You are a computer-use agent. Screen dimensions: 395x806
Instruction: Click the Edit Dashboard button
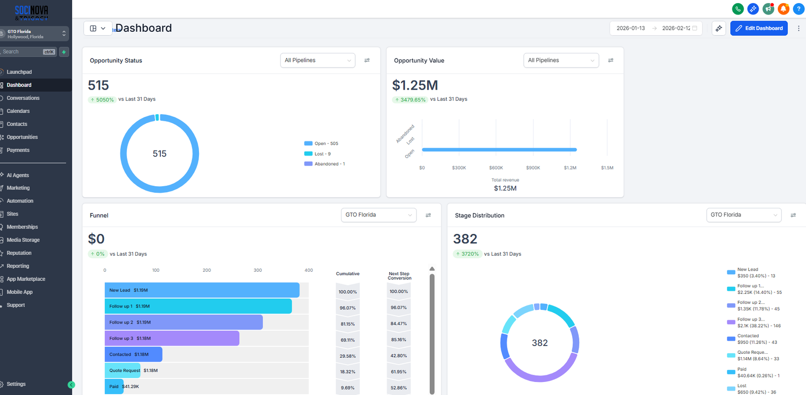pyautogui.click(x=759, y=28)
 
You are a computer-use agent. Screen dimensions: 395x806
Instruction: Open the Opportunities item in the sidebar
pyautogui.click(x=22, y=137)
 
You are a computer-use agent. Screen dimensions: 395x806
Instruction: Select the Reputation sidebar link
pyautogui.click(x=19, y=253)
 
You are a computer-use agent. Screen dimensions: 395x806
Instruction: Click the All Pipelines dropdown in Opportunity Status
pyautogui.click(x=317, y=60)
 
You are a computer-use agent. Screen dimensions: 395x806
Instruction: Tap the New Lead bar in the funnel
pyautogui.click(x=201, y=290)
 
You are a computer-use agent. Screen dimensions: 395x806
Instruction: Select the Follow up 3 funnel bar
pyautogui.click(x=171, y=339)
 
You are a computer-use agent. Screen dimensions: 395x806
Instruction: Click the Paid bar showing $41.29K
pyautogui.click(x=114, y=386)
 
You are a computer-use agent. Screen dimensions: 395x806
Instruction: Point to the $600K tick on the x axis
pyautogui.click(x=496, y=168)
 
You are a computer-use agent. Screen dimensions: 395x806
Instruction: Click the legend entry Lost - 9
pyautogui.click(x=322, y=154)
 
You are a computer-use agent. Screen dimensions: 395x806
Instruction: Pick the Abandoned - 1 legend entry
pyautogui.click(x=329, y=164)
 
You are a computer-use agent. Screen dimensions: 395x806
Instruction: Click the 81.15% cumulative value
pyautogui.click(x=348, y=324)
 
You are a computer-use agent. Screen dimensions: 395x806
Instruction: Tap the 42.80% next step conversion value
pyautogui.click(x=398, y=356)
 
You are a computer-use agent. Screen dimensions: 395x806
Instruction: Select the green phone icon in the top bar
pyautogui.click(x=737, y=9)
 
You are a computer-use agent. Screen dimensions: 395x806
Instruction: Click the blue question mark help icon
pyautogui.click(x=798, y=9)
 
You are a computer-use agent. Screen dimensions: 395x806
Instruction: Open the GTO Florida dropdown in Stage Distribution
pyautogui.click(x=743, y=215)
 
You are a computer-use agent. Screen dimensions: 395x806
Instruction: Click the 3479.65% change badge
pyautogui.click(x=410, y=100)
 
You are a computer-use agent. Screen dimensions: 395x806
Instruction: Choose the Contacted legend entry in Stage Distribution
pyautogui.click(x=748, y=336)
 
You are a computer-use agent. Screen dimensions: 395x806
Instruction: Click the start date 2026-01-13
pyautogui.click(x=630, y=28)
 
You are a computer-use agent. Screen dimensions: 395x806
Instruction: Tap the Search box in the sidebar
pyautogui.click(x=23, y=52)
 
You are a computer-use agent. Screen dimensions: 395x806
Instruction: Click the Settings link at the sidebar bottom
pyautogui.click(x=16, y=384)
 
